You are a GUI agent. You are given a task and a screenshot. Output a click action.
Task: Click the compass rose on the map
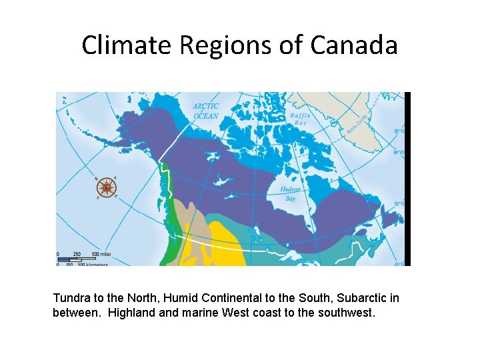point(107,188)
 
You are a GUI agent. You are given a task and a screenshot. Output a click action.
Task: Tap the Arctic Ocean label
point(205,111)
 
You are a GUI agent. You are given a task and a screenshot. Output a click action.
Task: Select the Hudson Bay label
point(290,193)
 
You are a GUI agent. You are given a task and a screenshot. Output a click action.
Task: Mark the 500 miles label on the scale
point(101,254)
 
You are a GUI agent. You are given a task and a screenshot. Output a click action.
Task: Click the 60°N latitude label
point(399,131)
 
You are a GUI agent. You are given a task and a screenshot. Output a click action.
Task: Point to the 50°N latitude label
point(399,203)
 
